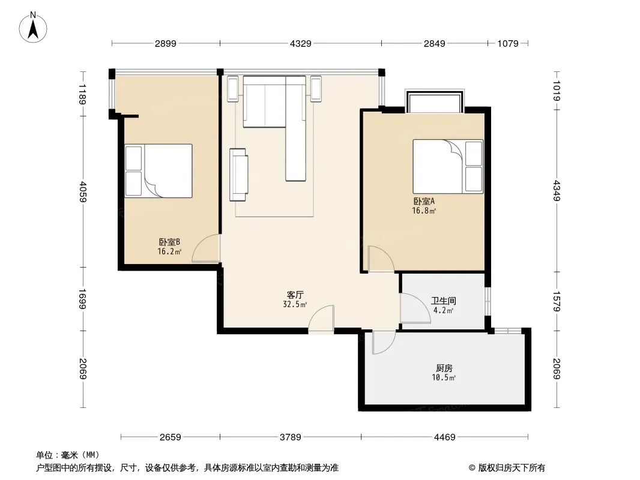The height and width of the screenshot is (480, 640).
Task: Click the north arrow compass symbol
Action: click(x=33, y=28)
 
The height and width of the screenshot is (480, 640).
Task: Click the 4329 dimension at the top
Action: click(x=300, y=43)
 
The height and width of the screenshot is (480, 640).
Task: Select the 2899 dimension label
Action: click(x=165, y=43)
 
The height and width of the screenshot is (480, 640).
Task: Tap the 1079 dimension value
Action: click(x=508, y=43)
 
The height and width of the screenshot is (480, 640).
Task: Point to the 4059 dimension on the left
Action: click(x=83, y=191)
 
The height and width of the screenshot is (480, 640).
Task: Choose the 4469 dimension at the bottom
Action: click(x=444, y=437)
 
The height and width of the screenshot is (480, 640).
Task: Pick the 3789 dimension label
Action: click(x=290, y=437)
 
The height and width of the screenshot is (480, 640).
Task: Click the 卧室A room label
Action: click(x=424, y=201)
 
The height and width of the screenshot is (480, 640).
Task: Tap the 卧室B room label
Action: click(x=169, y=242)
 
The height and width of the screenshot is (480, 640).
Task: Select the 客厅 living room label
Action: click(x=295, y=295)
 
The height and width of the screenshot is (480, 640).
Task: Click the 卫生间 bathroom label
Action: click(x=444, y=301)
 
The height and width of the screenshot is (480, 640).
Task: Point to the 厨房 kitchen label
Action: click(x=444, y=368)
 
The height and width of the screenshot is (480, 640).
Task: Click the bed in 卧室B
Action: click(x=158, y=171)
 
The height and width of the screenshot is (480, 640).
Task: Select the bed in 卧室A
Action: click(x=448, y=166)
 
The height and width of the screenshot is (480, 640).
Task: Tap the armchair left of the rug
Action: click(x=239, y=175)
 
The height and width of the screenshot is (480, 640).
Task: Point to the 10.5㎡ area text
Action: click(x=444, y=377)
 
